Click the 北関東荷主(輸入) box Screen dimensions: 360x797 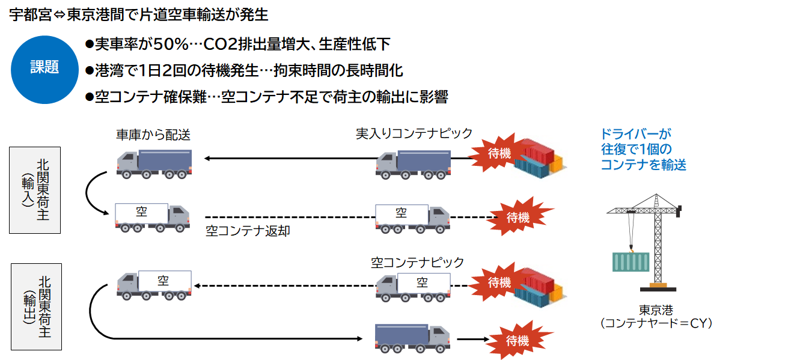(x=35, y=190)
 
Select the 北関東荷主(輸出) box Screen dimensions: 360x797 (x=37, y=307)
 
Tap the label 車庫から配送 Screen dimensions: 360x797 (x=153, y=134)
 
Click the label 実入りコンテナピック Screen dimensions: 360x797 (x=414, y=134)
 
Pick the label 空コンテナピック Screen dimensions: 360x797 (x=417, y=263)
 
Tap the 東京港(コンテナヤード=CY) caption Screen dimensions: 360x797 (x=656, y=317)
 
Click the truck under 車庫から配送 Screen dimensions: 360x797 (x=154, y=164)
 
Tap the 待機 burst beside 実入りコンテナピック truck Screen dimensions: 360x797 (x=498, y=153)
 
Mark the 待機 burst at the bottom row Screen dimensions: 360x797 (x=518, y=341)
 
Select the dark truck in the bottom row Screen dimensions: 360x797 (x=412, y=338)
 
